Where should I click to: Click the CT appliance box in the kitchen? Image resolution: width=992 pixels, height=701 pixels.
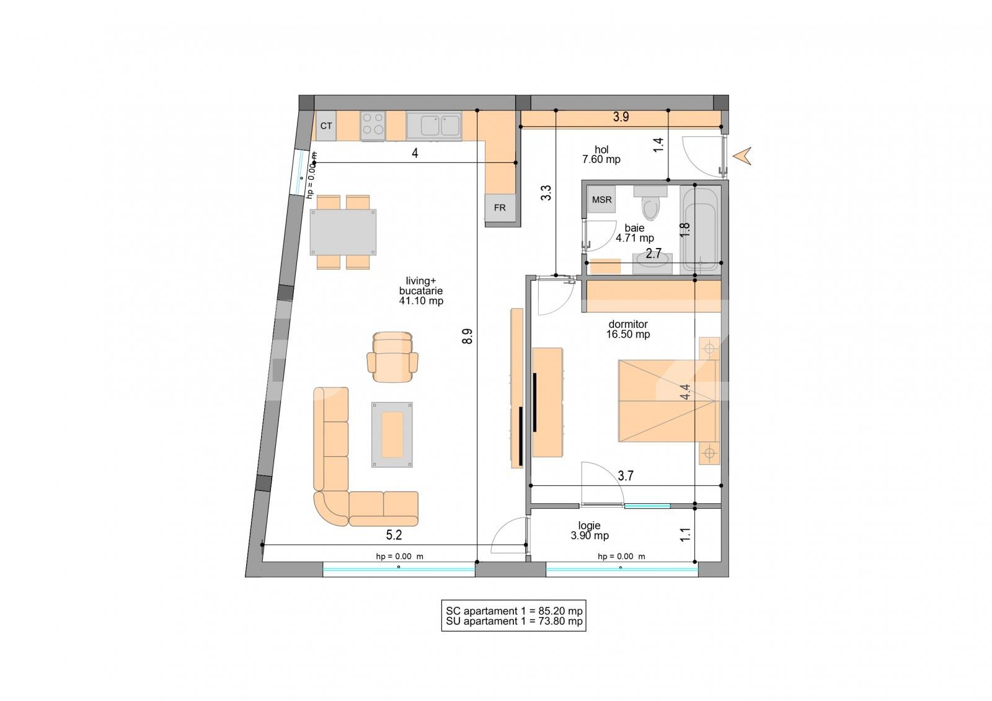tap(326, 126)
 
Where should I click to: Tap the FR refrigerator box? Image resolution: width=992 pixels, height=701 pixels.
tap(500, 208)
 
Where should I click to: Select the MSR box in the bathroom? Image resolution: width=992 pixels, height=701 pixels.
tap(601, 200)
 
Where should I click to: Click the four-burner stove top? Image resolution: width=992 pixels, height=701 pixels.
tap(373, 124)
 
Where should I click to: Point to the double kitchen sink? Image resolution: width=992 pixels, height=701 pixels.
tap(434, 126)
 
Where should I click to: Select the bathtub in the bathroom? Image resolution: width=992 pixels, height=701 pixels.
tap(699, 229)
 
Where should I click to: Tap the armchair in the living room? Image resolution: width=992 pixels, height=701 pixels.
tap(392, 357)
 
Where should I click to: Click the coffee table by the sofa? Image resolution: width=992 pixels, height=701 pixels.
tap(392, 434)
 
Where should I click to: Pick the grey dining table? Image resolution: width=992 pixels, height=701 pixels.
tap(343, 232)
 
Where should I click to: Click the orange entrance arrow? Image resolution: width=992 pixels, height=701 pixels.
tap(743, 156)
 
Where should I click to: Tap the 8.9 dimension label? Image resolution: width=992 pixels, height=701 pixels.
tap(468, 337)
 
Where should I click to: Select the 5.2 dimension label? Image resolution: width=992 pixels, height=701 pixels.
tap(394, 535)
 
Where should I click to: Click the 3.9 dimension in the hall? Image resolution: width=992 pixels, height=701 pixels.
tap(621, 117)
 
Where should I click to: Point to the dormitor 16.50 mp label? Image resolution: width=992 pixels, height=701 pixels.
tap(628, 329)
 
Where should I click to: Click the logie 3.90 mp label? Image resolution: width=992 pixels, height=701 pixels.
tap(590, 531)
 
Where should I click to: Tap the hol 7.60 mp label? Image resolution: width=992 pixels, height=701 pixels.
tap(601, 154)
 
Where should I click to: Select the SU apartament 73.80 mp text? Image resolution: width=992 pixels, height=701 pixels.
tap(514, 621)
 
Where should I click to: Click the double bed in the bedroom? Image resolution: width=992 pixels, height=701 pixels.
tap(666, 401)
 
